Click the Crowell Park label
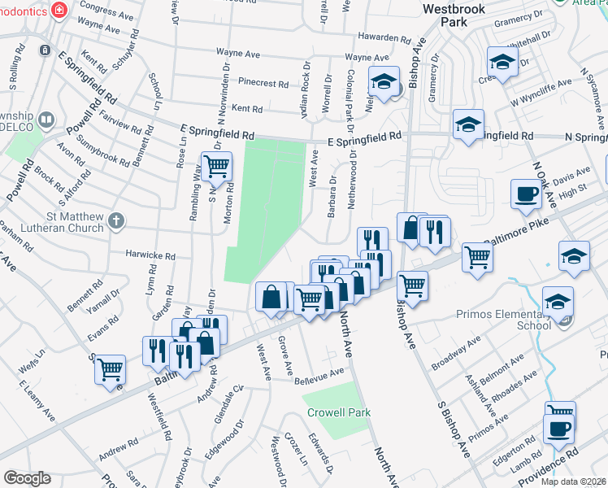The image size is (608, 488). [339, 412]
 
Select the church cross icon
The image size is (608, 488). [117, 220]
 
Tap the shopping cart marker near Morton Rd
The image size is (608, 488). [216, 166]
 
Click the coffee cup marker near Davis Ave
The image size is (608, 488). [526, 194]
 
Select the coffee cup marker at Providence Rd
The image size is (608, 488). [558, 429]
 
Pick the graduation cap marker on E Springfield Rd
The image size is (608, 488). [468, 124]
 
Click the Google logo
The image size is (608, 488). [28, 478]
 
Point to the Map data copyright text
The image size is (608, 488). [573, 481]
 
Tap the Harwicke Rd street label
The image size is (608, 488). [150, 255]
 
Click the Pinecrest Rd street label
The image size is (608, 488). [264, 83]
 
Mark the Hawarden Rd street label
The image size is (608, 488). [384, 38]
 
